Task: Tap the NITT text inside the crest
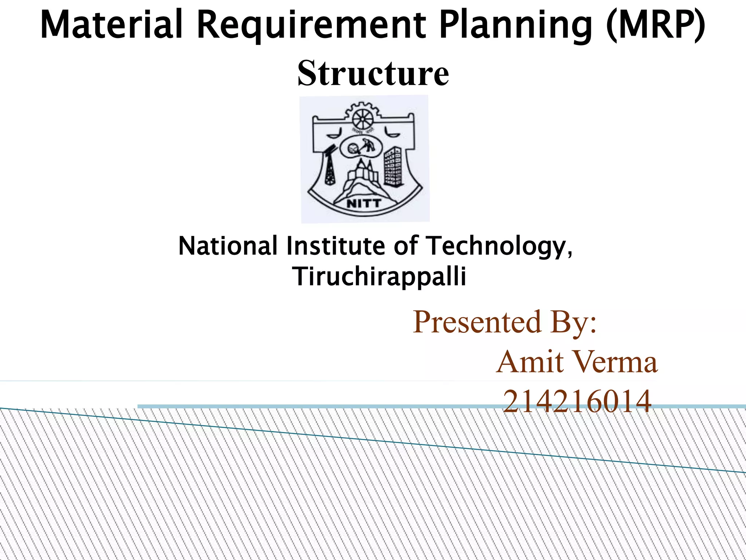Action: (x=364, y=203)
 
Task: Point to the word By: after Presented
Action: (x=574, y=322)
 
